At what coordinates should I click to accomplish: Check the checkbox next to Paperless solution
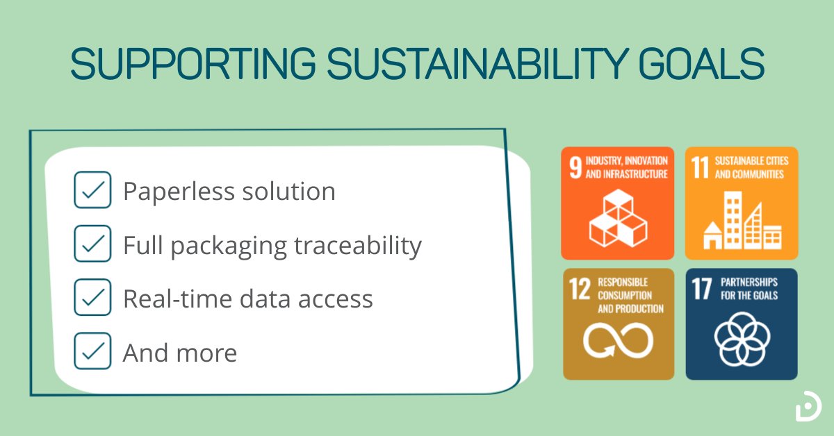tap(92, 190)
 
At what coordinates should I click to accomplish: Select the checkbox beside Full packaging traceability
tap(92, 244)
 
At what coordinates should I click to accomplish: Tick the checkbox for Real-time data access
tap(92, 298)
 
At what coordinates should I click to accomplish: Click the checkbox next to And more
tap(92, 351)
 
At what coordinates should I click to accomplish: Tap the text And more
tap(179, 353)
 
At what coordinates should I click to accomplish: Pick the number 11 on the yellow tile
tap(701, 168)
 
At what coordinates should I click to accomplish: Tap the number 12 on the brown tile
tap(578, 290)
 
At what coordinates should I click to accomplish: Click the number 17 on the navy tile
tap(702, 290)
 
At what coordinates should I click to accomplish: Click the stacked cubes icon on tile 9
tap(618, 219)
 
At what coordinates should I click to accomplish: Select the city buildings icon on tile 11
tap(742, 221)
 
